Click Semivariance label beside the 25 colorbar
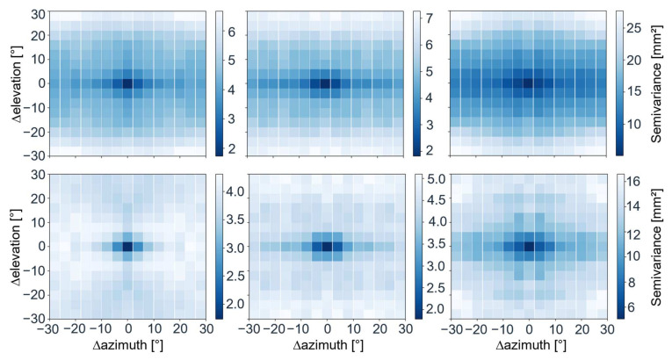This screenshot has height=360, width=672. pos(661,75)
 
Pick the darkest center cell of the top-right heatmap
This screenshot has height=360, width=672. pos(528,83)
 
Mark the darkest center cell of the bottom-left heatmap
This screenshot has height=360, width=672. pos(128,247)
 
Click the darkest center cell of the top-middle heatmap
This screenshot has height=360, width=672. pos(327,83)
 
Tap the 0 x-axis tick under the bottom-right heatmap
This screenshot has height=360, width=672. pos(528,330)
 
